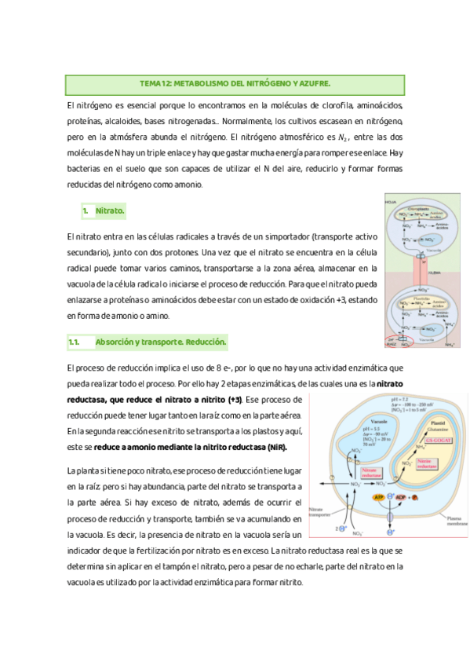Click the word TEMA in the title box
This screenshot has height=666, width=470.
[x=149, y=83]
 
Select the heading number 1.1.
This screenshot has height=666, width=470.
[x=75, y=342]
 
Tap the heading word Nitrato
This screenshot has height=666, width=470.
[x=110, y=211]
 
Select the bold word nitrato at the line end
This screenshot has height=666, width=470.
[x=390, y=383]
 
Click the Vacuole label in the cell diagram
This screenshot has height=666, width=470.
[x=357, y=421]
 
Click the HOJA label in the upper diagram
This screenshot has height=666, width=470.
[x=391, y=203]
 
